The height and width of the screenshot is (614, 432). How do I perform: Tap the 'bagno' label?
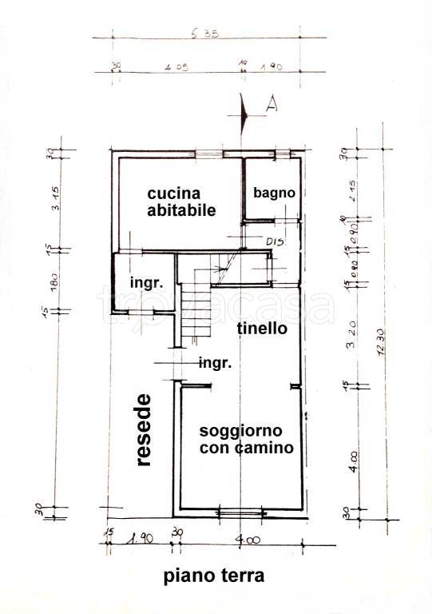274,193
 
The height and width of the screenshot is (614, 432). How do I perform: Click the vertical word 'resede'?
143,429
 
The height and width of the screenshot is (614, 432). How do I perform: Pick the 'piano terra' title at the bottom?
213,575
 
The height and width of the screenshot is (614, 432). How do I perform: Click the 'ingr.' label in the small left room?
147,282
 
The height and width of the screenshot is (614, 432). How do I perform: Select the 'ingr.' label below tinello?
215,363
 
